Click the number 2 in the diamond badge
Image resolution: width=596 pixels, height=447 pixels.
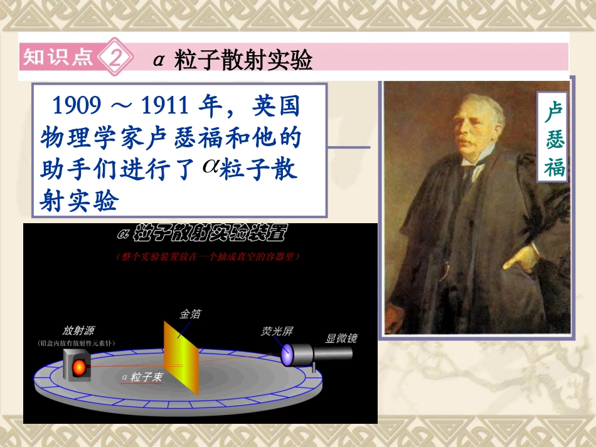116,58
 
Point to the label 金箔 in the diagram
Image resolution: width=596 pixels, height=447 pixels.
191,313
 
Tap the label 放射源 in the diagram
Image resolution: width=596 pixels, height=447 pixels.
78,332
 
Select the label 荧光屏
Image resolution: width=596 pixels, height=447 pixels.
277,331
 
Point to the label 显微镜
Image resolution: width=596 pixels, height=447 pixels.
341,339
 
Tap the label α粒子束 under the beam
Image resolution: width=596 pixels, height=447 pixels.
142,376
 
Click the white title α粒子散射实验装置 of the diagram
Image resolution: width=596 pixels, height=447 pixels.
201,235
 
